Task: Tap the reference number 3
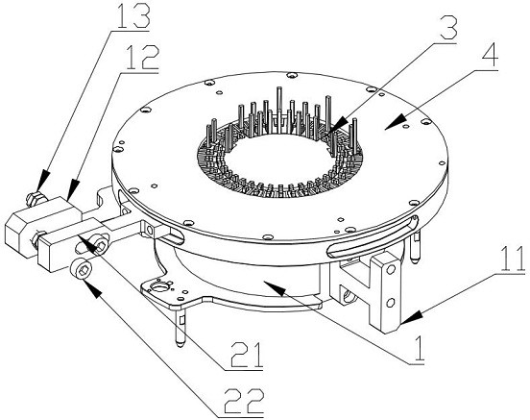(x=446, y=28)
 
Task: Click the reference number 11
(x=513, y=259)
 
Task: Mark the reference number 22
(x=245, y=401)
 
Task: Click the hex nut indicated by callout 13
(x=36, y=198)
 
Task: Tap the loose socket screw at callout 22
(x=83, y=269)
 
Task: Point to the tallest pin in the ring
(x=278, y=109)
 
